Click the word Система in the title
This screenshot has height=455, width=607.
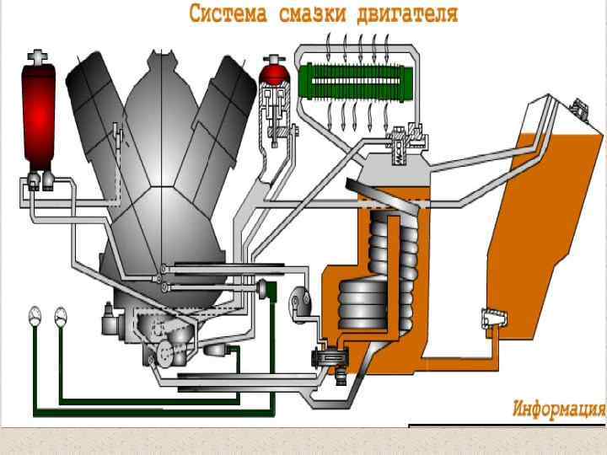pyautogui.click(x=223, y=13)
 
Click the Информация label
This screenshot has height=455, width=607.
pyautogui.click(x=559, y=409)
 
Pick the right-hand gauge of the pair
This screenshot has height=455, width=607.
pyautogui.click(x=61, y=316)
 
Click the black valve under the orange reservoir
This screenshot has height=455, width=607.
pyautogui.click(x=325, y=359)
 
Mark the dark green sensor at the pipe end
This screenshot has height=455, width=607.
pyautogui.click(x=271, y=289)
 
